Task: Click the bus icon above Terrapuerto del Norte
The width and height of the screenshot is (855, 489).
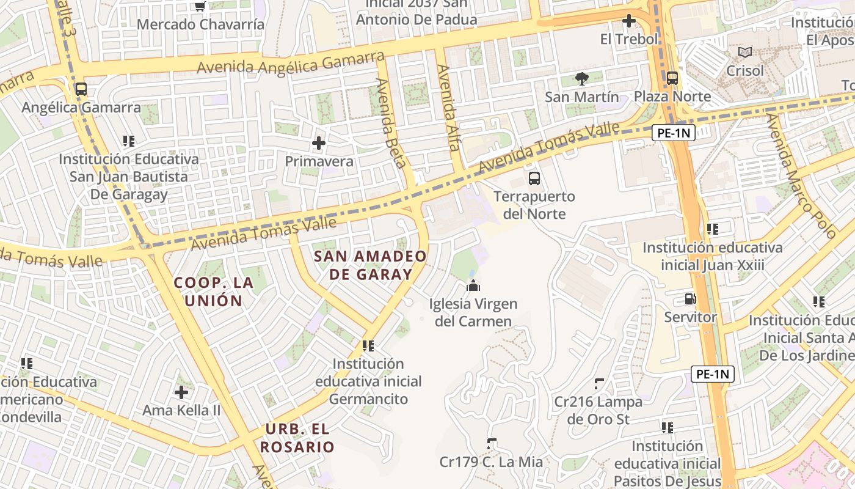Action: (534, 178)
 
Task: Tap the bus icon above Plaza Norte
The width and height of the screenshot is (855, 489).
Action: (672, 78)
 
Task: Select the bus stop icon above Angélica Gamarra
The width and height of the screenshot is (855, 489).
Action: (81, 89)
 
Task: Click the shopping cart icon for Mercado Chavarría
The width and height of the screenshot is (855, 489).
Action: (200, 6)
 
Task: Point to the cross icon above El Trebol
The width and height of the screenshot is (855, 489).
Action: (628, 21)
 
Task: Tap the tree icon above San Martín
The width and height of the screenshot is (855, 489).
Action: (582, 78)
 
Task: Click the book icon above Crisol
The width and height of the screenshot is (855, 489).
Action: (744, 53)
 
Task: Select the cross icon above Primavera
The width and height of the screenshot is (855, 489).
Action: (319, 144)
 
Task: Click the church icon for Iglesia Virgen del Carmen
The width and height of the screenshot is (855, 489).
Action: (472, 285)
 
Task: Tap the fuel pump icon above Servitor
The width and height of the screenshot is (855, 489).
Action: (690, 299)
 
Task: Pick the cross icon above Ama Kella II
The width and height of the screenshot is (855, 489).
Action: (181, 392)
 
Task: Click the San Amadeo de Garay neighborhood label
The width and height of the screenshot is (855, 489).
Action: (371, 265)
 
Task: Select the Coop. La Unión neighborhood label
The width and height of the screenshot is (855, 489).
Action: (213, 292)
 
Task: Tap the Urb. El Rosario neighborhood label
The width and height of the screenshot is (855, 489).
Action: (297, 438)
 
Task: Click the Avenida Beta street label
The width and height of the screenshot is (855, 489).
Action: (391, 122)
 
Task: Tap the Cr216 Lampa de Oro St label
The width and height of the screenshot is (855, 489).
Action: (598, 411)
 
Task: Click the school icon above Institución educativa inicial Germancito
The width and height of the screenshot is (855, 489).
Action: (368, 346)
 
